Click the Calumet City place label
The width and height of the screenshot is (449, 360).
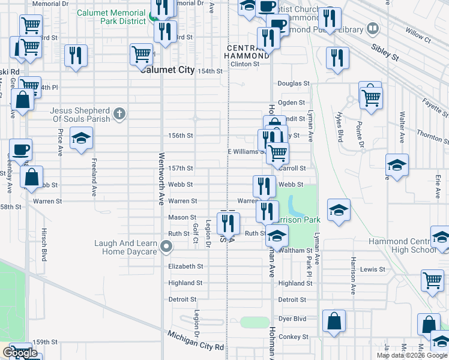pyautogui.click(x=167, y=70)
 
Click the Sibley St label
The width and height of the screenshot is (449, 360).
pyautogui.click(x=385, y=53)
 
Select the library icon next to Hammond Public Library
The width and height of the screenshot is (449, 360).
pyautogui.click(x=373, y=29)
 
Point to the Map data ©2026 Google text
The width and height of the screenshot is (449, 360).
pyautogui.click(x=412, y=355)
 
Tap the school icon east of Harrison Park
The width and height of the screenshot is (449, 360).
pyautogui.click(x=339, y=211)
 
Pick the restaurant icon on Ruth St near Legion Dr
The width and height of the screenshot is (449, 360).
pyautogui.click(x=228, y=224)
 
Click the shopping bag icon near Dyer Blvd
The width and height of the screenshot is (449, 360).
pyautogui.click(x=334, y=321)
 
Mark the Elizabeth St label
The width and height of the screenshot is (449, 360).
pyautogui.click(x=186, y=266)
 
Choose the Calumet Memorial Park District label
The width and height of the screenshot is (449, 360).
pyautogui.click(x=112, y=17)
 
